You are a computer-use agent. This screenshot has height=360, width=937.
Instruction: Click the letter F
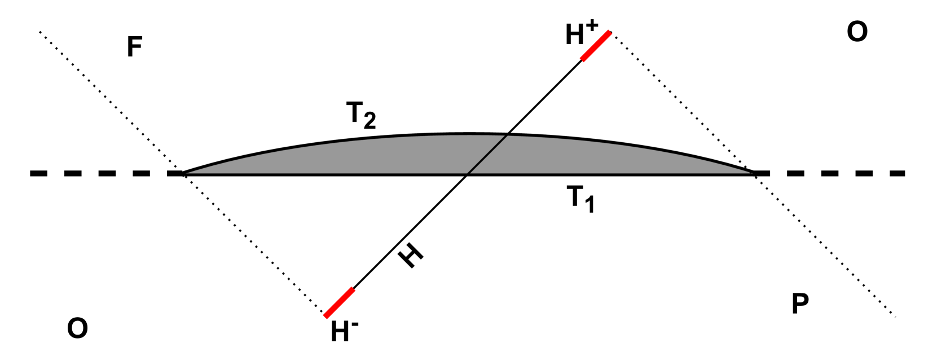pos(134,47)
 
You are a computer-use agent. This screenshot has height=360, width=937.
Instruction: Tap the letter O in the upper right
pos(857,32)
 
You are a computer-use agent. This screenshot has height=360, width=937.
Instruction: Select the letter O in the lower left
pos(77,328)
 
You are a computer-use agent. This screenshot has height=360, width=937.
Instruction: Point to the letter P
pos(800,304)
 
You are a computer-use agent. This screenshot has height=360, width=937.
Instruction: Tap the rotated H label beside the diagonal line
pos(411,257)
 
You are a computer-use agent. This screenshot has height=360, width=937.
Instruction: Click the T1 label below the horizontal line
pos(580,199)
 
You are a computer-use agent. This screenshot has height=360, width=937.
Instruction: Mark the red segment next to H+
pos(596,46)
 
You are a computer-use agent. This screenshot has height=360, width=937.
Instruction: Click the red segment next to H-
pos(340,302)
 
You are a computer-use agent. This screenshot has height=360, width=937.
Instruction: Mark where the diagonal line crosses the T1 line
pos(467,174)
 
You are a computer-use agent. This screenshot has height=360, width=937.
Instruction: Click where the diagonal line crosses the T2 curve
pos(507,134)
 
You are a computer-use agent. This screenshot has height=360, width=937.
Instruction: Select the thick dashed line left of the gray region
pos(102,173)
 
